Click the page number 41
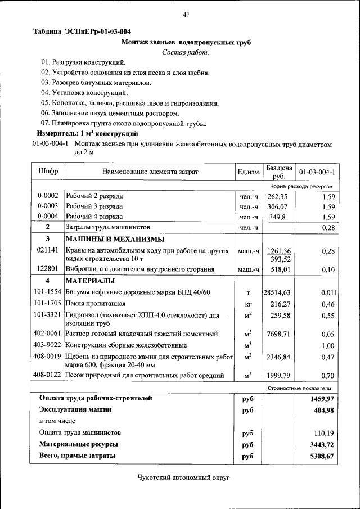click(x=186, y=15)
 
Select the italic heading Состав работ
click(x=186, y=52)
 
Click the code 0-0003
click(x=47, y=206)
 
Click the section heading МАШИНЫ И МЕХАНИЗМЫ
click(x=109, y=238)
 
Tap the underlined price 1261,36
click(x=279, y=251)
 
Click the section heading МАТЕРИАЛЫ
click(x=90, y=280)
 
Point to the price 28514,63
click(x=277, y=293)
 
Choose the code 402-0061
click(x=47, y=334)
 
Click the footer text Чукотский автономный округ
click(x=184, y=478)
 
